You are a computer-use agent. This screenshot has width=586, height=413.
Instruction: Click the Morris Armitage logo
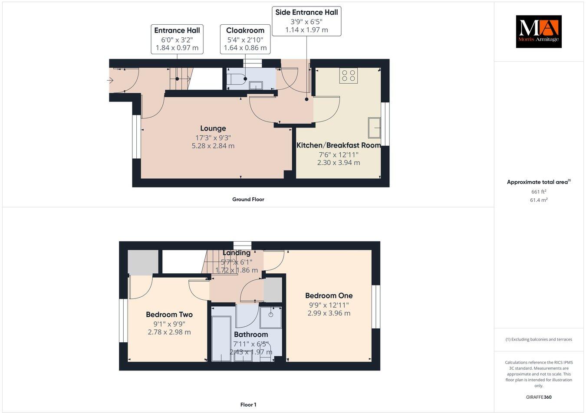point(538,31)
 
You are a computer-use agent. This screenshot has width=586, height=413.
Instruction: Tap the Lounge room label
point(213,128)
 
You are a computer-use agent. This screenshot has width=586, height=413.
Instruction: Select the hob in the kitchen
point(349,75)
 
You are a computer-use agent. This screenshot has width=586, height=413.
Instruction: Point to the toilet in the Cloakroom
point(238,79)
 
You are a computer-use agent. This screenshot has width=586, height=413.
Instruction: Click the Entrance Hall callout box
point(177,39)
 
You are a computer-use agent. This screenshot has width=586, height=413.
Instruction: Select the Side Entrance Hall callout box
point(306,21)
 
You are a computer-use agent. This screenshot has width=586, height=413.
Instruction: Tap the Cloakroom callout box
point(245,39)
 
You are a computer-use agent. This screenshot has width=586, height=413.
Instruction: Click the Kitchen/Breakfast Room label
point(339,145)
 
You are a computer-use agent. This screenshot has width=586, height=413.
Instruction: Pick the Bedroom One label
point(329,296)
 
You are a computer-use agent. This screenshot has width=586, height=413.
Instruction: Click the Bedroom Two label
point(169,315)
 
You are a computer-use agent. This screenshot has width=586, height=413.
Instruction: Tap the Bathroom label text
point(251,334)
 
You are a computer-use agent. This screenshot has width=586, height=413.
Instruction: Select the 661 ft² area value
point(539,192)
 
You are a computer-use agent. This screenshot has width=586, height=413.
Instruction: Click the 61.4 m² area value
point(539,200)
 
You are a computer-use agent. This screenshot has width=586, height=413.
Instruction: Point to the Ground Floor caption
point(248,200)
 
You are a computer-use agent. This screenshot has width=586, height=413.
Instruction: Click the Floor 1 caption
point(248,405)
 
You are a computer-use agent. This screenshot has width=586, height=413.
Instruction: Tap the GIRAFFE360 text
point(538,397)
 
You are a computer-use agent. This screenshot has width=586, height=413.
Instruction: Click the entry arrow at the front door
point(110,80)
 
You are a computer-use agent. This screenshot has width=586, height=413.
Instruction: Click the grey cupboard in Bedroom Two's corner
point(143,262)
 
